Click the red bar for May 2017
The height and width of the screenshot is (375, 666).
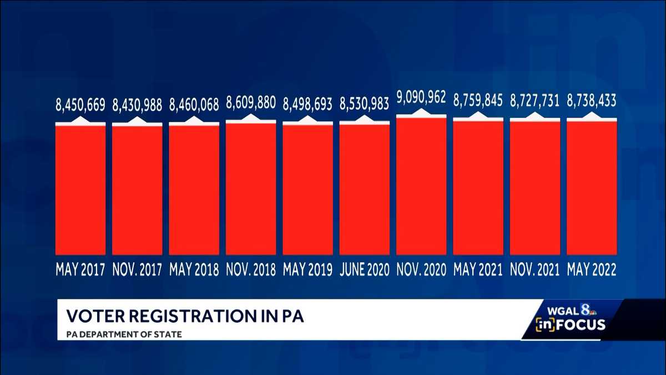(x=80, y=189)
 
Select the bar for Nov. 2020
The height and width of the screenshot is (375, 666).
(x=421, y=186)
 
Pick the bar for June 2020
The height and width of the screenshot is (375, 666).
(x=365, y=189)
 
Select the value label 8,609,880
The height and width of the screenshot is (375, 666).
(x=251, y=102)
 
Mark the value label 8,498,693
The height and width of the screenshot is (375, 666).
(x=307, y=103)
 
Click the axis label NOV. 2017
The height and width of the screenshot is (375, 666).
(x=137, y=270)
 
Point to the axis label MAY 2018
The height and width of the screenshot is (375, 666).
(x=194, y=270)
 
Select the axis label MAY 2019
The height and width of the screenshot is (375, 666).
(x=307, y=270)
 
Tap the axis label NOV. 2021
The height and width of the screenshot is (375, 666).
(x=535, y=270)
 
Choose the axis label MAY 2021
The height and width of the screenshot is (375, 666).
(x=478, y=270)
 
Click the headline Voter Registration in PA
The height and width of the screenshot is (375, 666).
(x=185, y=316)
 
